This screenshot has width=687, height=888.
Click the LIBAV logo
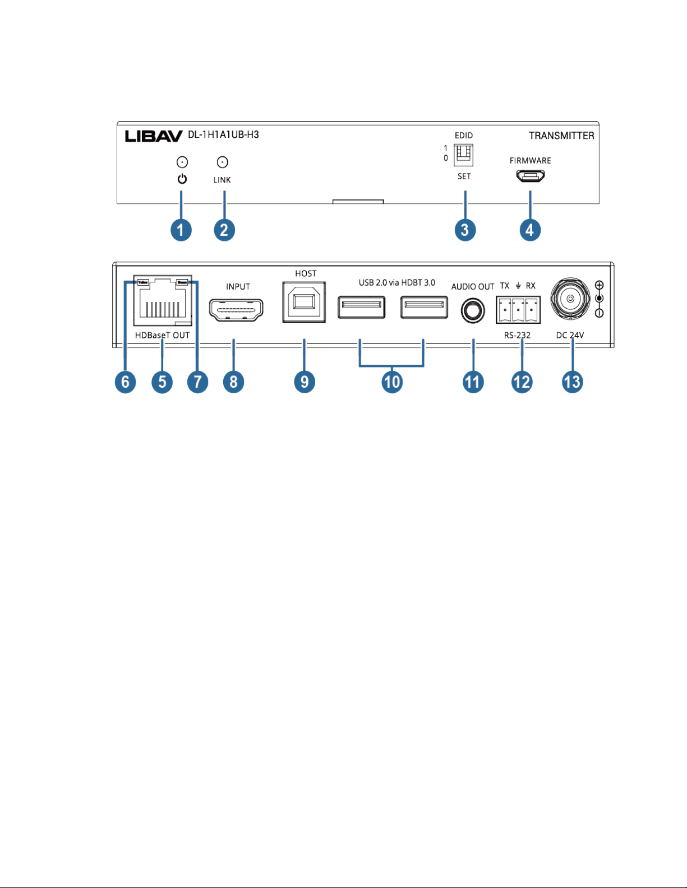[x=153, y=136]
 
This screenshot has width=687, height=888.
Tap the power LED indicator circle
[x=182, y=162]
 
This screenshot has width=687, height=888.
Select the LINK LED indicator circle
[x=223, y=162]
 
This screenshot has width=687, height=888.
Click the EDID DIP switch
[x=464, y=155]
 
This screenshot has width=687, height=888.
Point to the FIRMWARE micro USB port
[x=531, y=176]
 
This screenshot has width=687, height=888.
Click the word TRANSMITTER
[x=561, y=136]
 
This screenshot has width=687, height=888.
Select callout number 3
[x=465, y=230]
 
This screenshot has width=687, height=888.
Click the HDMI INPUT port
[x=236, y=310]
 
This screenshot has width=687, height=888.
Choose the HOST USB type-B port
[x=304, y=301]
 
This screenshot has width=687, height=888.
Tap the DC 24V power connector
[x=570, y=299]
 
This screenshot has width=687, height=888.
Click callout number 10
[x=392, y=382]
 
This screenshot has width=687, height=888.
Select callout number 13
[x=572, y=382]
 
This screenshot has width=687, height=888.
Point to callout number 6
[x=126, y=382]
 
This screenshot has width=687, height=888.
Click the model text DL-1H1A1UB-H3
[x=223, y=135]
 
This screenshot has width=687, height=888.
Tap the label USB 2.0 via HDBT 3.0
[x=397, y=283]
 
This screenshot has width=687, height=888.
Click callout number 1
[x=181, y=230]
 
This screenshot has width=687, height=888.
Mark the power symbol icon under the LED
[x=182, y=179]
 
